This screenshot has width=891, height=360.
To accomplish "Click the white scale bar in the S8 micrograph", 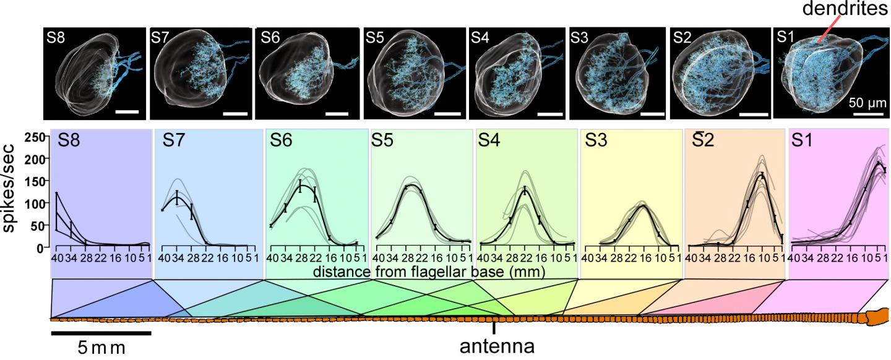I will tap(126, 112).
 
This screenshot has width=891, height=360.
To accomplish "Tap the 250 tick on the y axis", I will tap(34, 137).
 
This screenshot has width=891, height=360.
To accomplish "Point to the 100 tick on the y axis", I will tap(34, 203).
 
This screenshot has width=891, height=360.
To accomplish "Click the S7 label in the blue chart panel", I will tap(176, 141).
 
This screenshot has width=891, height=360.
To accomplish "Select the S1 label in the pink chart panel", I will tap(806, 141).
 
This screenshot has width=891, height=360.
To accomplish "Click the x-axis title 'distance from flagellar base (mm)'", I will tap(428, 272).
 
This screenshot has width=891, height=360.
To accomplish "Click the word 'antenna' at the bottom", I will tap(496, 345).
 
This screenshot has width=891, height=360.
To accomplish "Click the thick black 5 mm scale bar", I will tap(101, 332).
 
